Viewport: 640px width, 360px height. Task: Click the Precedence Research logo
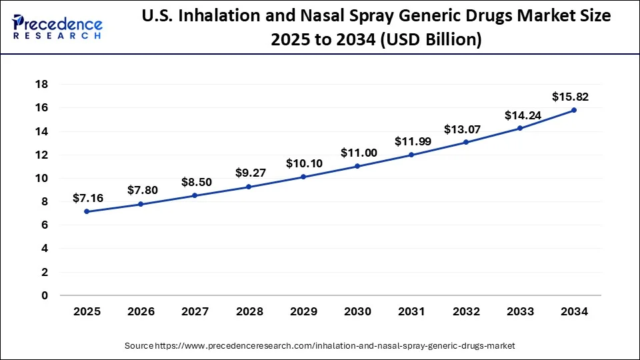(x=57, y=27)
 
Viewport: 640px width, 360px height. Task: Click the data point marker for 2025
(x=87, y=211)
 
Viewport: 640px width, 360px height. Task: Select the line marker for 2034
(x=574, y=110)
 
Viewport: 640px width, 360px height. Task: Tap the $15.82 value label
(x=570, y=97)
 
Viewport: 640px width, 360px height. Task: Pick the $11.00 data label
(x=359, y=153)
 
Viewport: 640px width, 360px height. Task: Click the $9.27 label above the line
(x=250, y=173)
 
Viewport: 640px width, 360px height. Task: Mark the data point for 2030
(x=357, y=166)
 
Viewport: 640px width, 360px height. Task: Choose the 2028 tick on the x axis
(x=249, y=311)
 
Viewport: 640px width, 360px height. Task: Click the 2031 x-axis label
(x=411, y=311)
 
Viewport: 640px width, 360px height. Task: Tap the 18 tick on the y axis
(x=41, y=85)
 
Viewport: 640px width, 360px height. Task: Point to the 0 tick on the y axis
(x=45, y=295)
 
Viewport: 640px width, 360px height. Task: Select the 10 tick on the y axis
(x=41, y=178)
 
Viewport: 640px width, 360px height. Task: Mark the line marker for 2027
(x=195, y=195)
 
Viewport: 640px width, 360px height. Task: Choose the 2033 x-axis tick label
(x=520, y=311)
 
